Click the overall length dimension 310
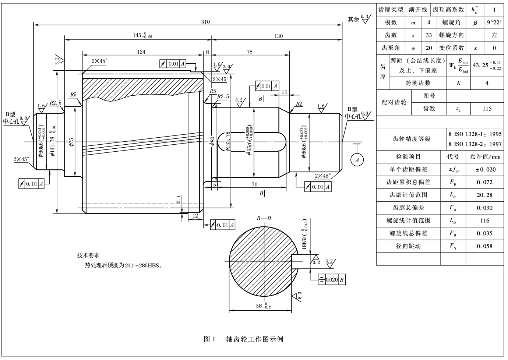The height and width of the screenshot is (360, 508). tap(205, 22)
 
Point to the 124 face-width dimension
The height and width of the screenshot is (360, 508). tap(141, 52)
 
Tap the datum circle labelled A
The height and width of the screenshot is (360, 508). tap(356, 159)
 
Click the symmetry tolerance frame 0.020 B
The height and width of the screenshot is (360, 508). tap(332, 280)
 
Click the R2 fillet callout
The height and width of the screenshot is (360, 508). tap(299, 104)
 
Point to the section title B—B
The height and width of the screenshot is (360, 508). tap(264, 218)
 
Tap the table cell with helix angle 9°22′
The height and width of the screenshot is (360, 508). tap(494, 22)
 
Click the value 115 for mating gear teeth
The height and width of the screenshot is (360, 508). tap(487, 109)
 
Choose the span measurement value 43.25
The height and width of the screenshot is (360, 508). tap(480, 65)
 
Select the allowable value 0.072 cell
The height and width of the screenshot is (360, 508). tap(484, 182)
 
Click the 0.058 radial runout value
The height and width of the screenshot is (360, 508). tap(484, 246)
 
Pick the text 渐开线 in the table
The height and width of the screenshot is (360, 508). tap(418, 10)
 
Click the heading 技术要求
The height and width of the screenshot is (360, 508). tap(88, 255)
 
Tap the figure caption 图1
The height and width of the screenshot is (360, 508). tap(209, 339)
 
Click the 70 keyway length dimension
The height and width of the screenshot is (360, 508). tap(254, 184)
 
